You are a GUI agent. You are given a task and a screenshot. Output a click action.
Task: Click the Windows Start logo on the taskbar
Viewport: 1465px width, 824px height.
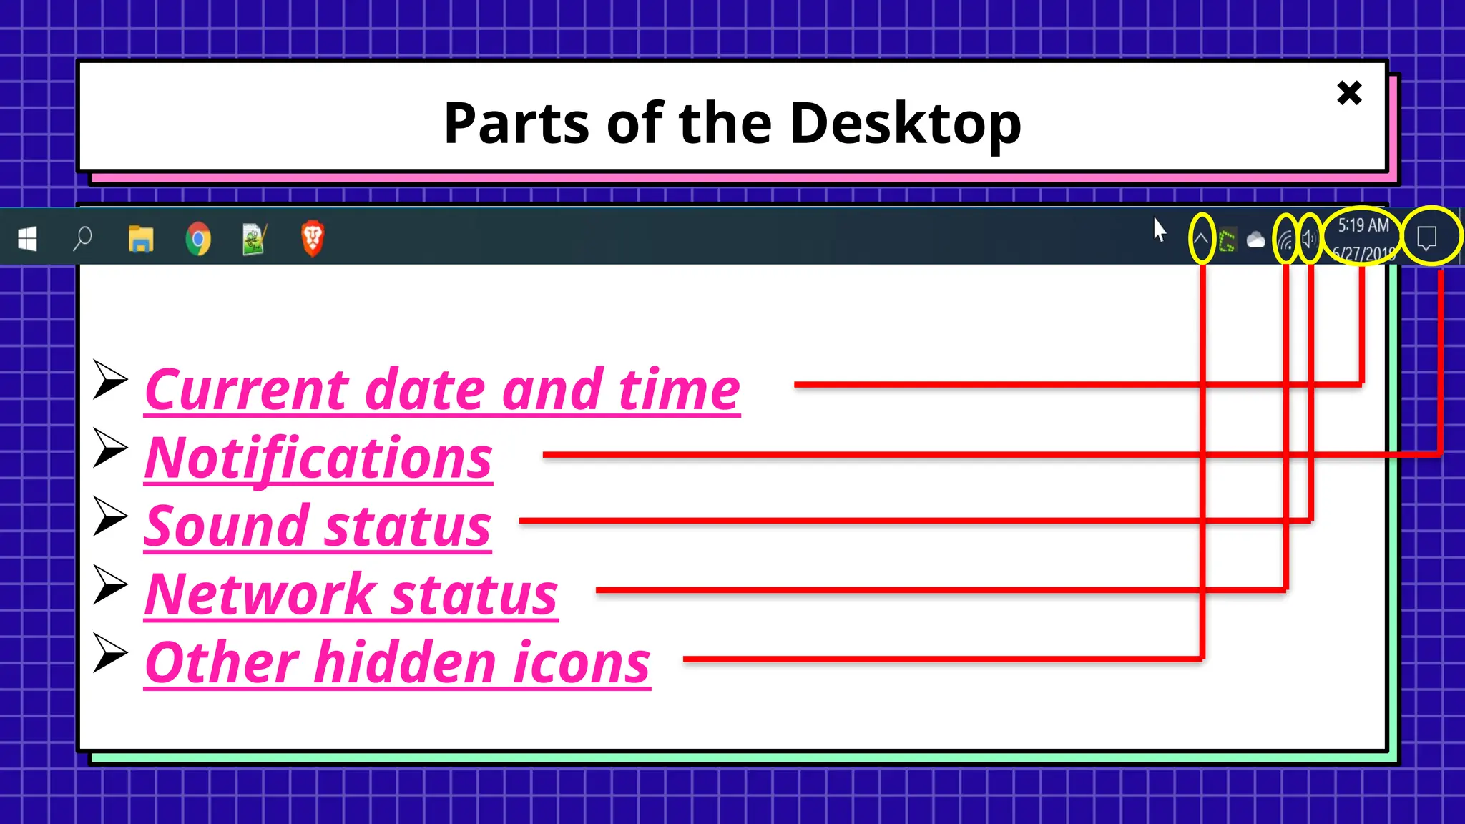(x=27, y=239)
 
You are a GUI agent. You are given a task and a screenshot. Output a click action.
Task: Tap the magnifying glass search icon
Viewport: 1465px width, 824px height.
(x=83, y=238)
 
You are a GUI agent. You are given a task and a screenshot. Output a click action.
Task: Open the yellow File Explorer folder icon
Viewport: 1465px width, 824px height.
(x=141, y=239)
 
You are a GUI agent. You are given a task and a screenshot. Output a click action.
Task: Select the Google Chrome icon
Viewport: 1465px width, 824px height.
(x=198, y=239)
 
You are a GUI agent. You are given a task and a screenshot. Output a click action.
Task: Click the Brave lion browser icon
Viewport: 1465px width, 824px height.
(x=313, y=238)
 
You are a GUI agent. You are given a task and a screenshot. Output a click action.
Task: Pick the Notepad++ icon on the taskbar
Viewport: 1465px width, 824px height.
(x=255, y=239)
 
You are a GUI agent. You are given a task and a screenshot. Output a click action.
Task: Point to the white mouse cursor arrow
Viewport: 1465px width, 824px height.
(x=1160, y=230)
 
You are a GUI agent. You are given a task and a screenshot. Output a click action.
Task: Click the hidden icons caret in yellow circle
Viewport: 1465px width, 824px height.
(x=1202, y=239)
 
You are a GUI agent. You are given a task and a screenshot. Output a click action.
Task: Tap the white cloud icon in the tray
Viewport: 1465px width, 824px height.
(x=1255, y=240)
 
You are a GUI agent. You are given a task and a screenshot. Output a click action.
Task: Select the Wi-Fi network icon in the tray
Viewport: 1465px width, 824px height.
(x=1286, y=240)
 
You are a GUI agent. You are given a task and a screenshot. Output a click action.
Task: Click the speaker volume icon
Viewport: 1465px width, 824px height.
(x=1309, y=239)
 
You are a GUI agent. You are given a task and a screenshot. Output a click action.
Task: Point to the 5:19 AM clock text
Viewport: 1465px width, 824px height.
(x=1363, y=226)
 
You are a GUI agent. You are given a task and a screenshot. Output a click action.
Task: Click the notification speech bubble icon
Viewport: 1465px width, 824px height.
(x=1427, y=237)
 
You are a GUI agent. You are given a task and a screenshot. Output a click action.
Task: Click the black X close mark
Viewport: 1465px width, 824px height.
(x=1349, y=93)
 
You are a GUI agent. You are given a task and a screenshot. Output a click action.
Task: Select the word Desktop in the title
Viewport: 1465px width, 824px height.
(x=906, y=124)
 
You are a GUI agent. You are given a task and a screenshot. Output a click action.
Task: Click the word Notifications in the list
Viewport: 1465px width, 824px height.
(x=318, y=458)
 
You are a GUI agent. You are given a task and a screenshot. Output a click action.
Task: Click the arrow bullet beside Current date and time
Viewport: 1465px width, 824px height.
(x=110, y=380)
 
